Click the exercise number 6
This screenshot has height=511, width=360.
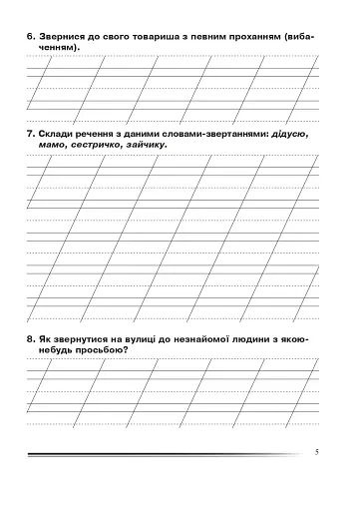coord(32,35)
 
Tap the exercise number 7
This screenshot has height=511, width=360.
coord(32,133)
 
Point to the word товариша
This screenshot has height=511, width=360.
coord(156,35)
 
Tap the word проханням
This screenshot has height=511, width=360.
coord(247,35)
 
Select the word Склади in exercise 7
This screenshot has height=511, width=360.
coord(59,133)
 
